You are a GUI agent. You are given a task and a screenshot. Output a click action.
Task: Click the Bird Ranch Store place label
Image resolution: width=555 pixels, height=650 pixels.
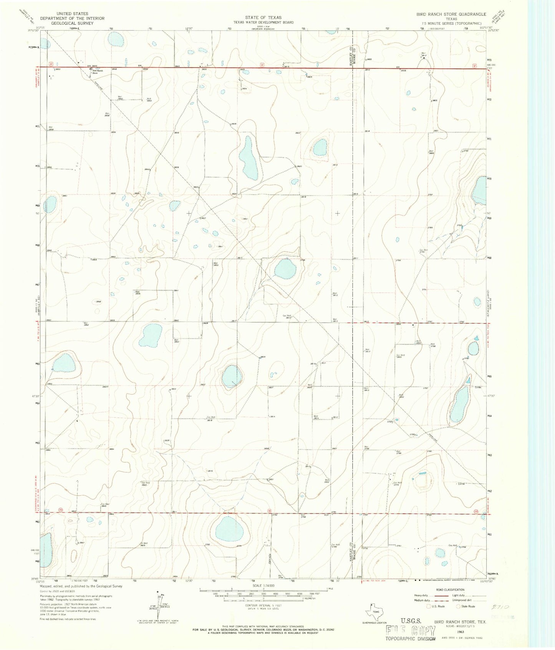coord(97,72)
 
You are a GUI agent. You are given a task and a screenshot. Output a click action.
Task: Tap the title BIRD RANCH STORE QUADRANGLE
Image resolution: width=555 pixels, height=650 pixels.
coord(451,14)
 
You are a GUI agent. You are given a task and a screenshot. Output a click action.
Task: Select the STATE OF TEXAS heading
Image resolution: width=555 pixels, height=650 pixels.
coord(263,17)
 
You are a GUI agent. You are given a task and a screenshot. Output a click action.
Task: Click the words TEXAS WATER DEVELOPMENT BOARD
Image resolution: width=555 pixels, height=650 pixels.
coord(263,22)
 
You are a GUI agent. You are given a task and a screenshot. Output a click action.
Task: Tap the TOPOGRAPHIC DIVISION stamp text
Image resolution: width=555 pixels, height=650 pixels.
coord(411,639)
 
